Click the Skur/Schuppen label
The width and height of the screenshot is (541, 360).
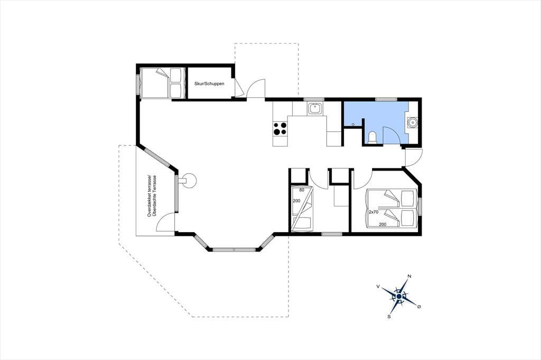click(209, 84)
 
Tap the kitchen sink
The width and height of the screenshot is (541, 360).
click(315, 109)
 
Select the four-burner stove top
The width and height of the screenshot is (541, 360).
click(280, 129)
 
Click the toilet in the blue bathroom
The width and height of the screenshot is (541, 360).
click(372, 137)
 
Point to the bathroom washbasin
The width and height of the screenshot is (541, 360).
click(412, 122)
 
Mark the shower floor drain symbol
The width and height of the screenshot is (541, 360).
click(353, 124)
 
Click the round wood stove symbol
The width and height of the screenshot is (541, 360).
click(189, 180)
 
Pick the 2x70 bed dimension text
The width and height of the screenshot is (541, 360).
click(374, 212)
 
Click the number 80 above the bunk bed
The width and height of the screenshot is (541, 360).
click(302, 190)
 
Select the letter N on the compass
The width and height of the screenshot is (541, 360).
click(409, 276)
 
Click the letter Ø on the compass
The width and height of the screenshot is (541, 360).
click(419, 307)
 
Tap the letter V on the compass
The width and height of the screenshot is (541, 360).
click(378, 286)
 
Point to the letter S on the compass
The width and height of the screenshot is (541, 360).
click(389, 316)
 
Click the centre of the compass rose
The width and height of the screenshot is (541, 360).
click(399, 296)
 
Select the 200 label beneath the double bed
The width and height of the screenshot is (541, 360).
click(383, 224)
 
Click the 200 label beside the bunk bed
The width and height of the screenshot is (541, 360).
click(296, 201)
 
